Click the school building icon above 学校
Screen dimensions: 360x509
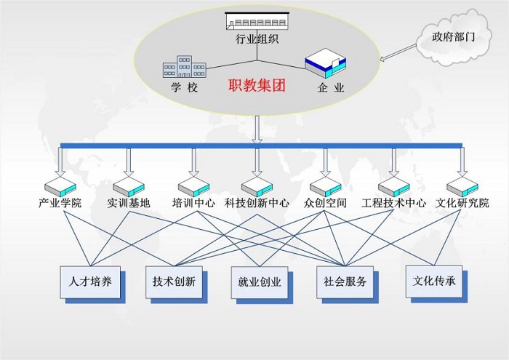pos(184,67)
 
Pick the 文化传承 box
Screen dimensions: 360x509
pos(434,280)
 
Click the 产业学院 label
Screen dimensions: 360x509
pos(60,203)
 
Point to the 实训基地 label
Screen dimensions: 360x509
pos(128,203)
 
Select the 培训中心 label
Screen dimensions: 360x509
pos(193,203)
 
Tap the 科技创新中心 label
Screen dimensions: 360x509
pos(257,203)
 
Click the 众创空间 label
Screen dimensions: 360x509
pos(325,203)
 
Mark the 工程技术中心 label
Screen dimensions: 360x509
pos(393,203)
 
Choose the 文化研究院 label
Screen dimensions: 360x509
pos(462,203)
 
